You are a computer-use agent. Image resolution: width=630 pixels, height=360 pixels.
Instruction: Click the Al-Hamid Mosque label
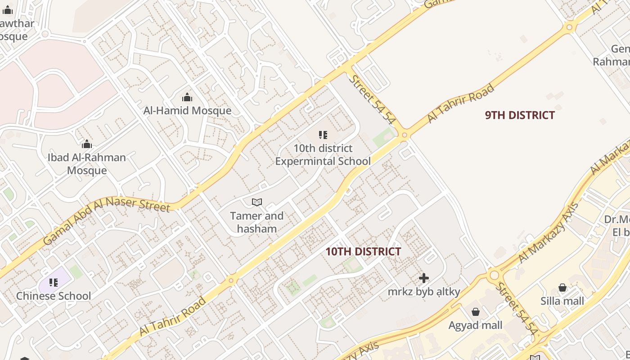(187, 111)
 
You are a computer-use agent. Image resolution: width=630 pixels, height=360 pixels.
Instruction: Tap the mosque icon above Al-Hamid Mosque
(187, 98)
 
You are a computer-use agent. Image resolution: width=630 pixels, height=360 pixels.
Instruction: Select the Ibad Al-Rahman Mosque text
(87, 164)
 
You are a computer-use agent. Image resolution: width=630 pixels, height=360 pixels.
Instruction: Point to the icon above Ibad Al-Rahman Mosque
(87, 144)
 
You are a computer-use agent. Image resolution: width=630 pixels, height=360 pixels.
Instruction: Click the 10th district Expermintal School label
(323, 155)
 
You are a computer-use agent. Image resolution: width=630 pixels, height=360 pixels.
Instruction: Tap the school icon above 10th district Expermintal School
(323, 135)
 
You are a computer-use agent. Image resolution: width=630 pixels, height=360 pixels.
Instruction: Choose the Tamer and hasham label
(256, 222)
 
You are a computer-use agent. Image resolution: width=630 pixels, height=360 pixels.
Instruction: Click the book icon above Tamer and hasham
(256, 202)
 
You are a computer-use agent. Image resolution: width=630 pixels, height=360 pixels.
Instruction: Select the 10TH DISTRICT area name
(363, 252)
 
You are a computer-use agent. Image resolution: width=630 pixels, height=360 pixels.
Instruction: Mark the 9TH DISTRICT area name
(520, 115)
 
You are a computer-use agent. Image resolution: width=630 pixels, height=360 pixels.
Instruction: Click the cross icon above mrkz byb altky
(423, 279)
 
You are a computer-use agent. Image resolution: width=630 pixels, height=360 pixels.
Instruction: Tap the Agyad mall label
(475, 325)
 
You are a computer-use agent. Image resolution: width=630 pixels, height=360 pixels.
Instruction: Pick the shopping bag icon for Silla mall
(562, 288)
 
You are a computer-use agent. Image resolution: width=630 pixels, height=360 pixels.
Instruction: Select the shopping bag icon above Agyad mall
(475, 312)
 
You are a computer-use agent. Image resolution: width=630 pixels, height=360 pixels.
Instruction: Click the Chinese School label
(54, 296)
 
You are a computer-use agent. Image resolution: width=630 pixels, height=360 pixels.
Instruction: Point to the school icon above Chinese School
(54, 283)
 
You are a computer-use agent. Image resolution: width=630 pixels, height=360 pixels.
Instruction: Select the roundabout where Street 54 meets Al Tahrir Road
(404, 135)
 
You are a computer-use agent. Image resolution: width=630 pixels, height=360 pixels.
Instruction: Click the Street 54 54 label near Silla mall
(517, 309)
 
